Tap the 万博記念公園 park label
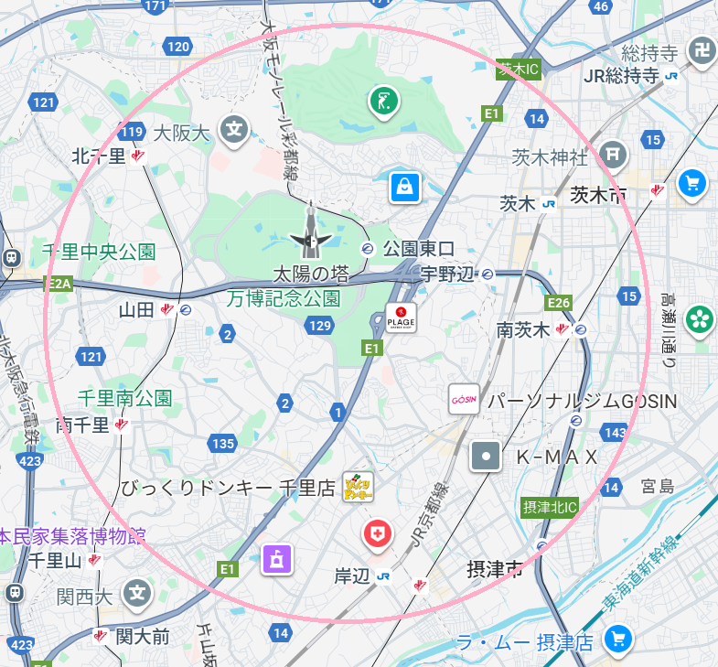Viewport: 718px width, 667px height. (x=284, y=298)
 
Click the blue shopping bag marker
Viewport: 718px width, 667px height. (x=403, y=187)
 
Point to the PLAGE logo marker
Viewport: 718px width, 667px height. (x=401, y=317)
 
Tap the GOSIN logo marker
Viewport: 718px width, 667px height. (x=464, y=400)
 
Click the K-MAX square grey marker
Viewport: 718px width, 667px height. (x=486, y=456)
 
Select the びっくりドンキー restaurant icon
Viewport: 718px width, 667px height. (x=358, y=487)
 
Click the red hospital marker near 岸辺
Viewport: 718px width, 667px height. (x=376, y=533)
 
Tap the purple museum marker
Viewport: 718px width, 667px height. (x=277, y=558)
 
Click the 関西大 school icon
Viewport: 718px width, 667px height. (x=138, y=594)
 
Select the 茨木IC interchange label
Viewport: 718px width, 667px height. (x=518, y=69)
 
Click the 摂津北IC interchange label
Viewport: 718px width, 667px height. (x=551, y=506)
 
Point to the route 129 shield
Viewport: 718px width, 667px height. (x=320, y=325)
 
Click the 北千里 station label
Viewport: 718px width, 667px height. (x=99, y=156)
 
